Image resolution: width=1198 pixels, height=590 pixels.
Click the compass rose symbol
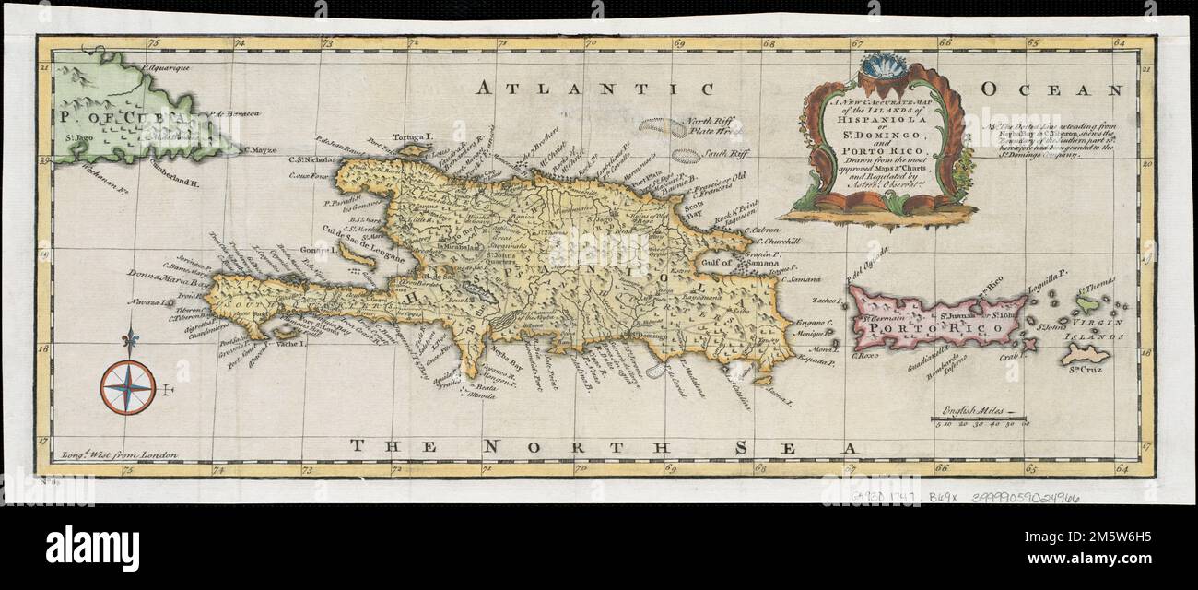[128, 386]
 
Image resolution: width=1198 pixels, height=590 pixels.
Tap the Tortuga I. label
[413, 136]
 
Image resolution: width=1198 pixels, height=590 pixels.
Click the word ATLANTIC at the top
[595, 89]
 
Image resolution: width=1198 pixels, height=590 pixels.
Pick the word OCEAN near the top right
[1052, 89]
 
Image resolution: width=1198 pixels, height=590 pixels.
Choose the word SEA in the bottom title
[793, 448]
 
